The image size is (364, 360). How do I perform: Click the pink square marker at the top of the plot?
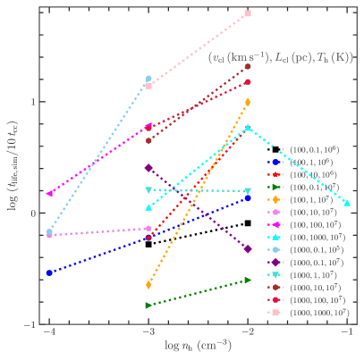(248, 13)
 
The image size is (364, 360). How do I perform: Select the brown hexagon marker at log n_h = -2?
(248, 66)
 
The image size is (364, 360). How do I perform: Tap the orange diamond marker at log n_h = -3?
(148, 284)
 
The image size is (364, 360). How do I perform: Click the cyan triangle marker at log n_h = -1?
(347, 204)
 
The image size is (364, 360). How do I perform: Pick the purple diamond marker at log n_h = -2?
(248, 249)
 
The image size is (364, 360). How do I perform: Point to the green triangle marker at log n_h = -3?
(148, 306)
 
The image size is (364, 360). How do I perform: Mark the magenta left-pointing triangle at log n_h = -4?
(49, 193)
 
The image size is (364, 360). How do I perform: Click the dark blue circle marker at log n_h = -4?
(49, 272)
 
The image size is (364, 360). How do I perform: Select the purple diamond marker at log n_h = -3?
(148, 167)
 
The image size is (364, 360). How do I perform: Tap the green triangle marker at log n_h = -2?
(248, 280)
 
